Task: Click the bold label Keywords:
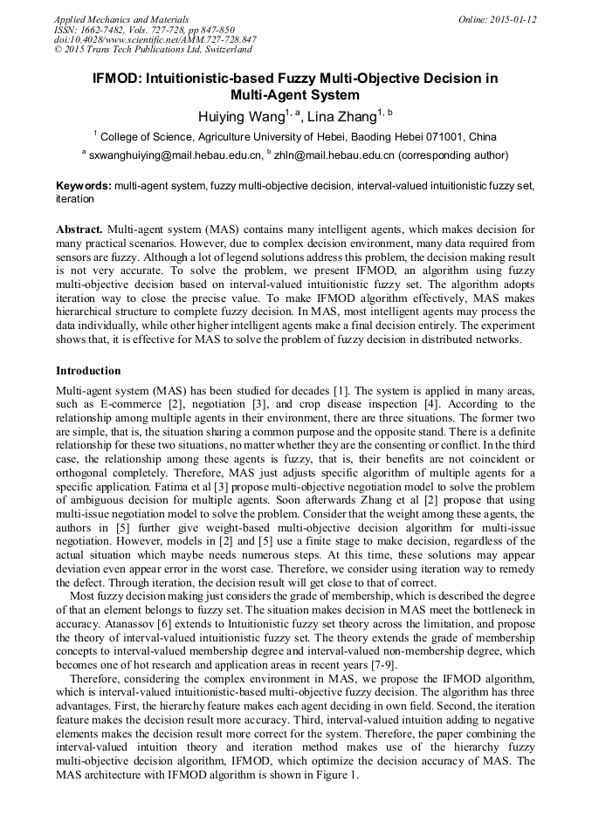click(x=84, y=186)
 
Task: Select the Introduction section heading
click(x=88, y=371)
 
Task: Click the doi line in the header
click(x=155, y=40)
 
